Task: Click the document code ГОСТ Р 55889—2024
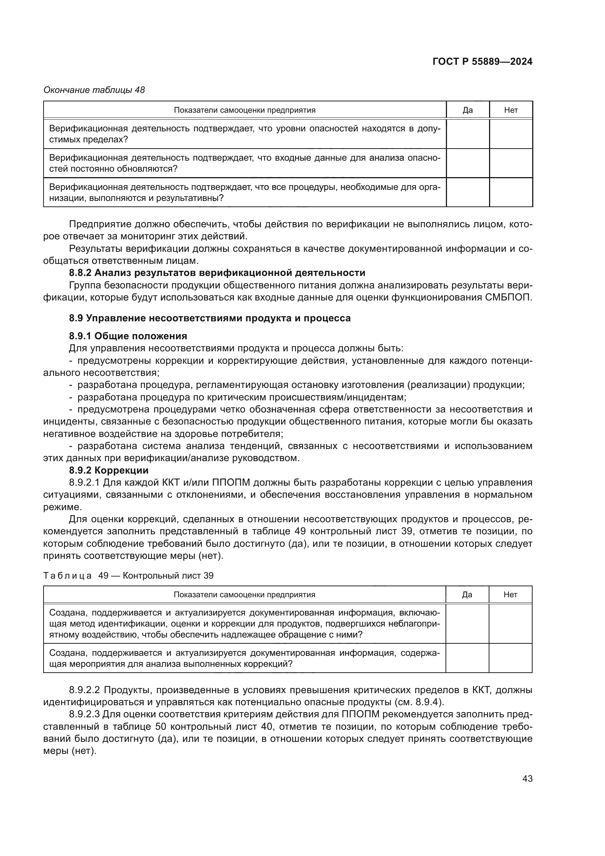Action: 482,62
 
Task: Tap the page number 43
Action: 527,778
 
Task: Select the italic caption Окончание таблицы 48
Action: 94,90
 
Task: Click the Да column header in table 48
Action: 467,110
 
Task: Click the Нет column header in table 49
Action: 510,595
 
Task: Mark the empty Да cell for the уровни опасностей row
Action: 467,134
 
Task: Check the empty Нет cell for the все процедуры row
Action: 511,192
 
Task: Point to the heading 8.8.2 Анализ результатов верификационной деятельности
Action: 217,273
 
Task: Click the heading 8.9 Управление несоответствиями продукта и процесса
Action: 209,318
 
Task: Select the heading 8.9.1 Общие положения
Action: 128,336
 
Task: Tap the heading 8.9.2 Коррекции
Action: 108,471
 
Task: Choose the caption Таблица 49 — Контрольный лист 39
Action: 128,576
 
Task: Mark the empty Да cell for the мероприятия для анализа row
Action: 467,658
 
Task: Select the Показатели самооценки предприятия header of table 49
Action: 244,595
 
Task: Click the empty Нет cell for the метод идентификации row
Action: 510,624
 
